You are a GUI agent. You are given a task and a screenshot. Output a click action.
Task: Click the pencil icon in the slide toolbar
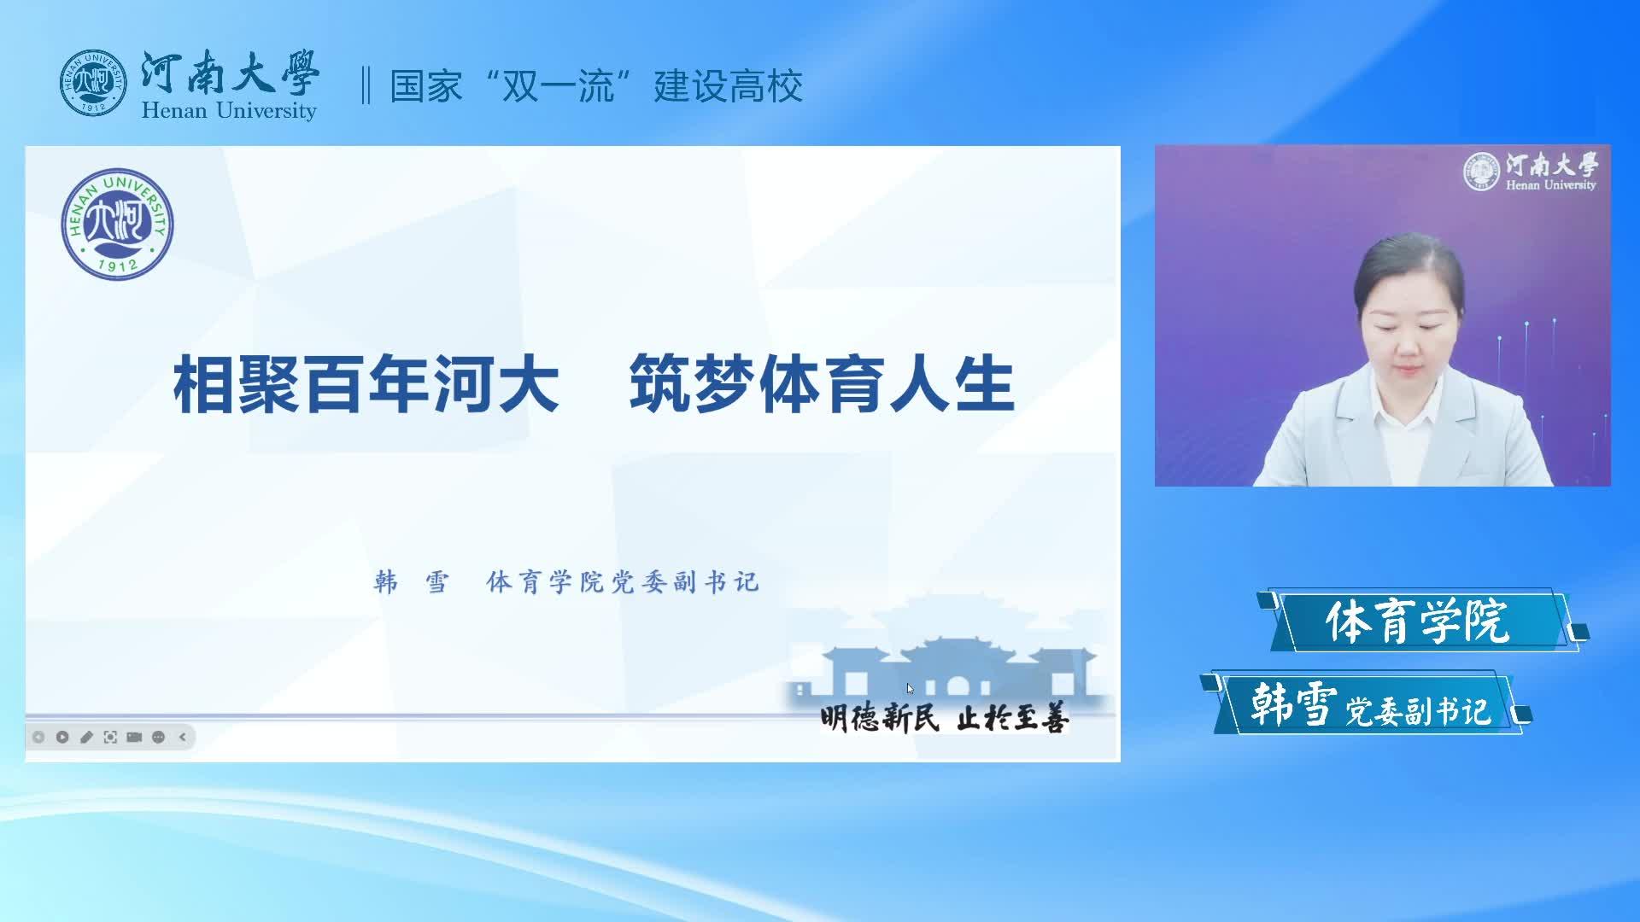point(86,737)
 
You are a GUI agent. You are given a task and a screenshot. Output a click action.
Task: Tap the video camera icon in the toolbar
point(134,737)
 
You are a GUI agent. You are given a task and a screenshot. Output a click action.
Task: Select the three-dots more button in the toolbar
point(158,737)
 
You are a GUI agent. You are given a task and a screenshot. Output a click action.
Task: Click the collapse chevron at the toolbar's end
point(182,737)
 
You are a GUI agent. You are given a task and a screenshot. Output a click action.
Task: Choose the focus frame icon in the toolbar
point(110,737)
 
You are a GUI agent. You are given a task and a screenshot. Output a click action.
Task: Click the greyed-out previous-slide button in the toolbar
point(38,737)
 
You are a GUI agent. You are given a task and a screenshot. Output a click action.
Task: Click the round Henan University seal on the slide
point(118,224)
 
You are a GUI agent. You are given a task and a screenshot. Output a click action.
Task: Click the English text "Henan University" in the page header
point(229,111)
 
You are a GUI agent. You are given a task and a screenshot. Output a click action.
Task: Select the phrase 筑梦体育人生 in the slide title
point(822,386)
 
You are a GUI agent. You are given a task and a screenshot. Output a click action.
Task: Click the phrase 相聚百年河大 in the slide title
point(366,386)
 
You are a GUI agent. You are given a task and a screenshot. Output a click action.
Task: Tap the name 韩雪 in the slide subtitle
point(412,582)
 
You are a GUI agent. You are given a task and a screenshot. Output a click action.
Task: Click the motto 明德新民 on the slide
point(880,719)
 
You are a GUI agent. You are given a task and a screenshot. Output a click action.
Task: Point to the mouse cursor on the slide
point(911,689)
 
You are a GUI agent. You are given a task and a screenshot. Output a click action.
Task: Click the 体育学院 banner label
point(1418,621)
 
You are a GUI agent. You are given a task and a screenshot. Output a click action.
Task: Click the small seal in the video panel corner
point(1481,171)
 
